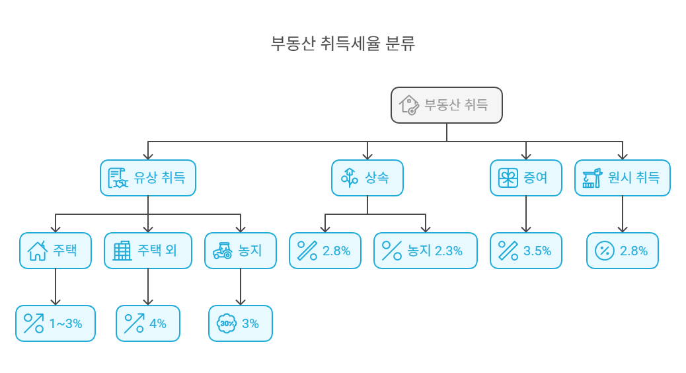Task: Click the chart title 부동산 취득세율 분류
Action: [343, 44]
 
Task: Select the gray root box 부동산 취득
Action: [446, 105]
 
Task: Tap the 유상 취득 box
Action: [148, 178]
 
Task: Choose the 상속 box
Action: [367, 178]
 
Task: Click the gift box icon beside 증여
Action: [508, 178]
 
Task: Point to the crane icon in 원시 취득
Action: [591, 178]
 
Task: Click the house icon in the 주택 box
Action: [37, 251]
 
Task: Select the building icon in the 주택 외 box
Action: [122, 251]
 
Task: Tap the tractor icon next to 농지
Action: [222, 251]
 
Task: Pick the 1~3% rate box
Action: [56, 323]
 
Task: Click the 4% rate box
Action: [148, 323]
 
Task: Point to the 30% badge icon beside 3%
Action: [227, 323]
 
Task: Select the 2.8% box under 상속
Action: [325, 251]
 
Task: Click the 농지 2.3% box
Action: [425, 251]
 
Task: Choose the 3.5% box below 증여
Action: [526, 251]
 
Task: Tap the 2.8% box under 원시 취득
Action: [623, 251]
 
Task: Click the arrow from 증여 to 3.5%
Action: [526, 214]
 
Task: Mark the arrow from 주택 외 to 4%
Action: [148, 287]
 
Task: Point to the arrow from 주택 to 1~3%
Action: [56, 287]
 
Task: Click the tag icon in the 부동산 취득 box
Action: [409, 105]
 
